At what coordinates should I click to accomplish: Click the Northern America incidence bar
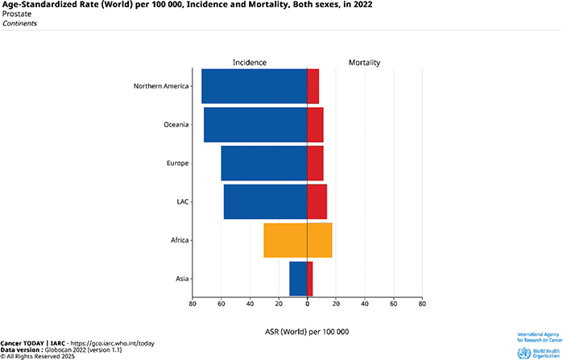coord(254,86)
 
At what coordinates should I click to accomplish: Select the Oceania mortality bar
coord(315,125)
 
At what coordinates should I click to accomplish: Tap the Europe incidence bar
coord(263,163)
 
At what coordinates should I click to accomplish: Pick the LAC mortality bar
coord(317,201)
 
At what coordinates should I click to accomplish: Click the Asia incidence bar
coord(298,279)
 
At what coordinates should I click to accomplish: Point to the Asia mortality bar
coord(310,279)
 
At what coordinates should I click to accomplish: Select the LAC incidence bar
coord(265,201)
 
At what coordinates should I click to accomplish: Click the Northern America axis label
coord(161,86)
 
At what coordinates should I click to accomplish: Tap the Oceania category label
coord(176,125)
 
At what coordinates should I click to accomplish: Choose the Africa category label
coord(179,240)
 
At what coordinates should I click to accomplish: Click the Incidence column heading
coord(250,62)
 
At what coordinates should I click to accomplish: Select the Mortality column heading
coord(364,62)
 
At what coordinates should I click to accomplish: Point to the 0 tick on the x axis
coord(307,304)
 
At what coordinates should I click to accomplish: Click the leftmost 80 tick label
coord(192,304)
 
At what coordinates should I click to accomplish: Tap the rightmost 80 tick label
coord(422,304)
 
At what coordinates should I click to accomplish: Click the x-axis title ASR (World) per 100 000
coord(307,332)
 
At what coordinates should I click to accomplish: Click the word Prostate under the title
coord(14,14)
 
